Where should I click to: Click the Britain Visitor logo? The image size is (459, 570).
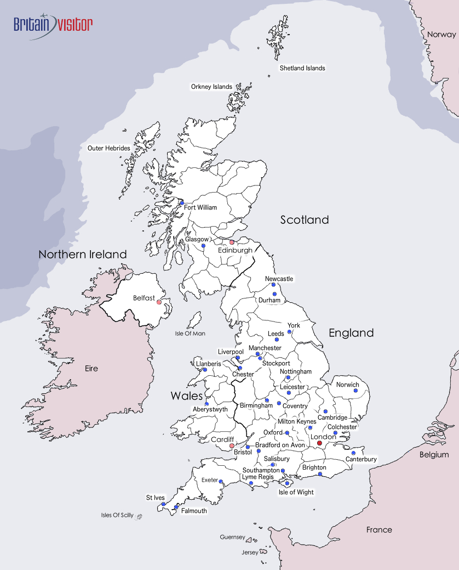[x=53, y=25]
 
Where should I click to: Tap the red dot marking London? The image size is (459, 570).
[x=320, y=443]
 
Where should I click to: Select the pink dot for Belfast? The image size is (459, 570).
[x=159, y=302]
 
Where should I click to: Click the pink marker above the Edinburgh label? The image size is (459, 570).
[x=232, y=242]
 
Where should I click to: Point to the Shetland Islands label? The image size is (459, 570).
[x=302, y=68]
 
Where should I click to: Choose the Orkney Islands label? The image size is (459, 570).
[x=211, y=87]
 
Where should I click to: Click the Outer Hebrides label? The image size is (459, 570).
[x=109, y=148]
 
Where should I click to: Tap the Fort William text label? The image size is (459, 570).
[x=200, y=207]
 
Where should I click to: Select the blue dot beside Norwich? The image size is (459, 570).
[x=355, y=392]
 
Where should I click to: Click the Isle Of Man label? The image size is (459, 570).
[x=190, y=334]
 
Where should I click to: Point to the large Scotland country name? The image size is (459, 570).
[x=305, y=220]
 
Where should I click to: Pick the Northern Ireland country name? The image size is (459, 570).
[x=83, y=255]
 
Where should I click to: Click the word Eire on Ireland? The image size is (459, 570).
[x=91, y=368]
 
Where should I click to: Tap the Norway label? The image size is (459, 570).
[x=441, y=34]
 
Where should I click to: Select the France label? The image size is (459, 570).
[x=380, y=529]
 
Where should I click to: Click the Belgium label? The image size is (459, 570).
[x=434, y=454]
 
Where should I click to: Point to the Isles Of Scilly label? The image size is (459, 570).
[x=117, y=515]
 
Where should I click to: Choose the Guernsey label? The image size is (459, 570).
[x=232, y=537]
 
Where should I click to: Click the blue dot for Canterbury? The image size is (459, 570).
[x=353, y=453]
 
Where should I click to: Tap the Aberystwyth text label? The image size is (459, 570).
[x=210, y=409]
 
